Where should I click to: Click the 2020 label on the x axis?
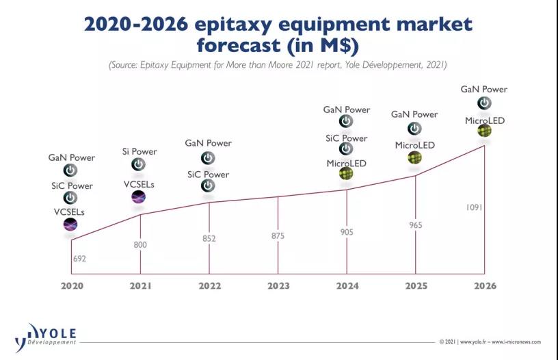point(71,285)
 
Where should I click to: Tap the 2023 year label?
point(278,285)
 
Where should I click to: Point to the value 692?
point(80,259)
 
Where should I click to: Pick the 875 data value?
point(278,236)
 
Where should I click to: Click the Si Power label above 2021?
point(139,152)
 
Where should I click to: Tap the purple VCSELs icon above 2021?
point(138,197)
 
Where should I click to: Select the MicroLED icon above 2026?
point(484,130)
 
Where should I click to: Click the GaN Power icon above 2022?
point(208,157)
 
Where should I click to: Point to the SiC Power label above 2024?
point(346,138)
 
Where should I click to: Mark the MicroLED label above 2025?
point(414,146)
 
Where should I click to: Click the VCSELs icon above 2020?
point(70,224)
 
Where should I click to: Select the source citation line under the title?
point(278,65)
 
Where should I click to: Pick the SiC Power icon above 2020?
point(70,198)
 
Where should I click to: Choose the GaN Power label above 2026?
point(483,89)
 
